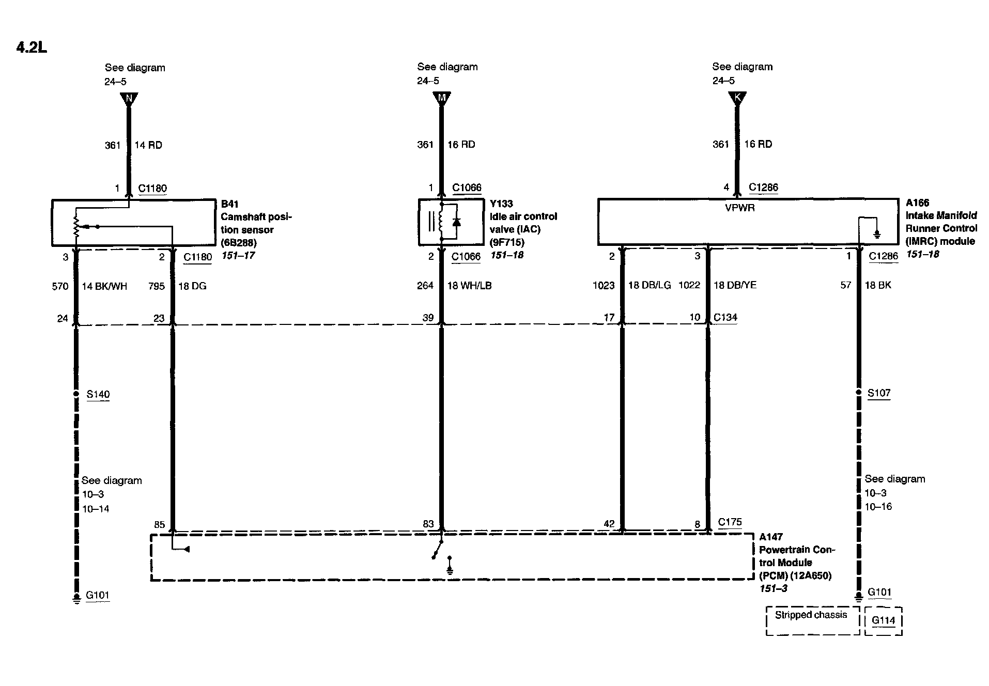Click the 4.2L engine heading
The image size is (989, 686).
pos(32,48)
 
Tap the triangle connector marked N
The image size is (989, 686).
pos(129,98)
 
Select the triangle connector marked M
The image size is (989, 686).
pos(441,98)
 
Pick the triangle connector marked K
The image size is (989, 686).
pos(736,98)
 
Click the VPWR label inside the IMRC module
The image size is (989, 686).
pos(740,208)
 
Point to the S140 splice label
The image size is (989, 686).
pos(98,395)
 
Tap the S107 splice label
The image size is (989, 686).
pos(878,393)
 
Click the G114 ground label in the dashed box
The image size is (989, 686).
pos(883,620)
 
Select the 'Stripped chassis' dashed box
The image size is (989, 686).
pos(811,620)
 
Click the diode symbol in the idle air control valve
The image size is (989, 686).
pos(456,222)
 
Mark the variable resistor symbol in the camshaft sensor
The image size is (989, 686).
pos(76,225)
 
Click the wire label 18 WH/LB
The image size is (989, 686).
pos(469,286)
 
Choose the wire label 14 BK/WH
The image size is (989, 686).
pos(105,286)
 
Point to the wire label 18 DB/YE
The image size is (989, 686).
pos(735,285)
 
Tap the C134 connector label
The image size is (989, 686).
pos(725,317)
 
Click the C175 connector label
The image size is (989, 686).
pos(730,522)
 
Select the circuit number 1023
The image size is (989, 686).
pos(604,285)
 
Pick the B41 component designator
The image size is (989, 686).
pos(229,204)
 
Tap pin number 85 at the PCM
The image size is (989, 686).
pos(159,525)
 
